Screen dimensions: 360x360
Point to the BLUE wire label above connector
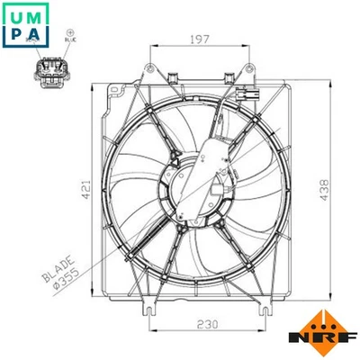(70, 41)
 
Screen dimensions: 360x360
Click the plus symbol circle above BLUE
(70, 31)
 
